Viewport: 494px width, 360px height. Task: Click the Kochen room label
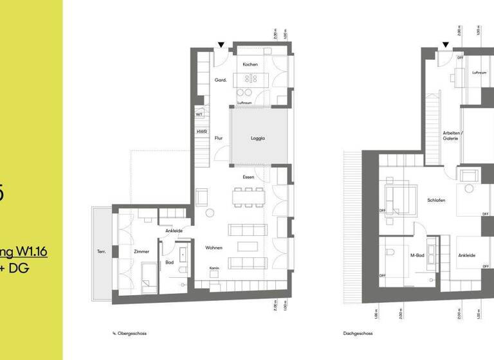250,65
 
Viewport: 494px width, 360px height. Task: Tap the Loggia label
257,138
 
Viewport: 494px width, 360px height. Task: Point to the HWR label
201,132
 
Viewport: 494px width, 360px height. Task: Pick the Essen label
249,177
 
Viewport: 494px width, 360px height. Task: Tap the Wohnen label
214,247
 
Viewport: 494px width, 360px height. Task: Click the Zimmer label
142,252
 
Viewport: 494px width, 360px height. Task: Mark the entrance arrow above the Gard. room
221,45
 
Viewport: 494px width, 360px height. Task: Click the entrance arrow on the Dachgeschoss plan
444,45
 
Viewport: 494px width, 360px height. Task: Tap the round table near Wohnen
209,213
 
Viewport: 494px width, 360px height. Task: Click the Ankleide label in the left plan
174,230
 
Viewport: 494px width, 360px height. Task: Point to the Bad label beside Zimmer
169,262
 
